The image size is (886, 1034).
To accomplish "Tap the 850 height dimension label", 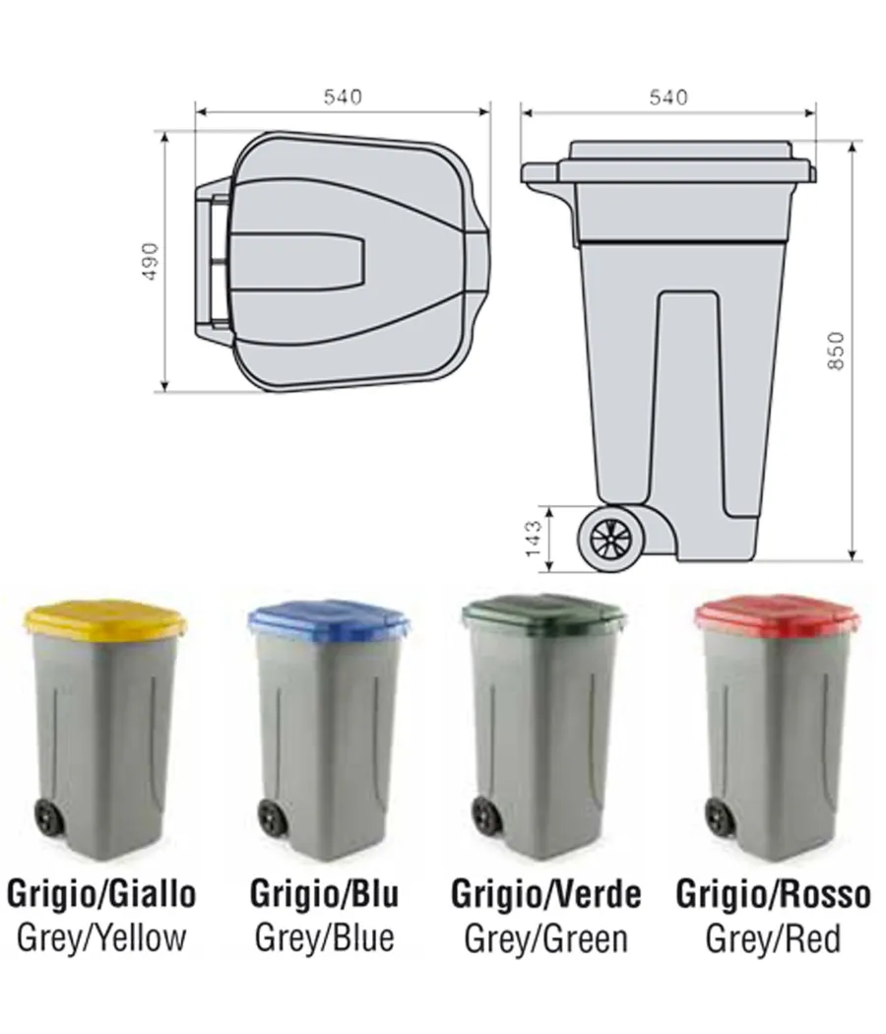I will (x=836, y=351).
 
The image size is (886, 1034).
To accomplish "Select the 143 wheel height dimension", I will (x=533, y=539).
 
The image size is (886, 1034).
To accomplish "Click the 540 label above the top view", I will (x=343, y=97).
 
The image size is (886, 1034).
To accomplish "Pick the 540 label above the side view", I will (x=668, y=97).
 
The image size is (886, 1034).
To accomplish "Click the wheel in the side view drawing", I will (x=612, y=538).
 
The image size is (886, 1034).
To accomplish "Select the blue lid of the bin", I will (x=328, y=620).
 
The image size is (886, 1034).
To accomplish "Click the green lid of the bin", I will (x=543, y=615).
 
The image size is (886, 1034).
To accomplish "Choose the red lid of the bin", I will (x=777, y=615).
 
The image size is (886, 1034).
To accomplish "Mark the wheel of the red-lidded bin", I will (x=716, y=815).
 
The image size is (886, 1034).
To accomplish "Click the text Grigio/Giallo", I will (x=101, y=894).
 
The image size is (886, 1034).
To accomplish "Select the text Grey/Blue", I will (x=324, y=937).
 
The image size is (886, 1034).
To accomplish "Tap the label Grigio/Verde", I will (x=545, y=894).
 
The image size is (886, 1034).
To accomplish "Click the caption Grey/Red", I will (x=773, y=937).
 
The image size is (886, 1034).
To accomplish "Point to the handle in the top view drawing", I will (x=213, y=261).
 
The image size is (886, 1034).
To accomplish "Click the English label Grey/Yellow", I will (x=101, y=937).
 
